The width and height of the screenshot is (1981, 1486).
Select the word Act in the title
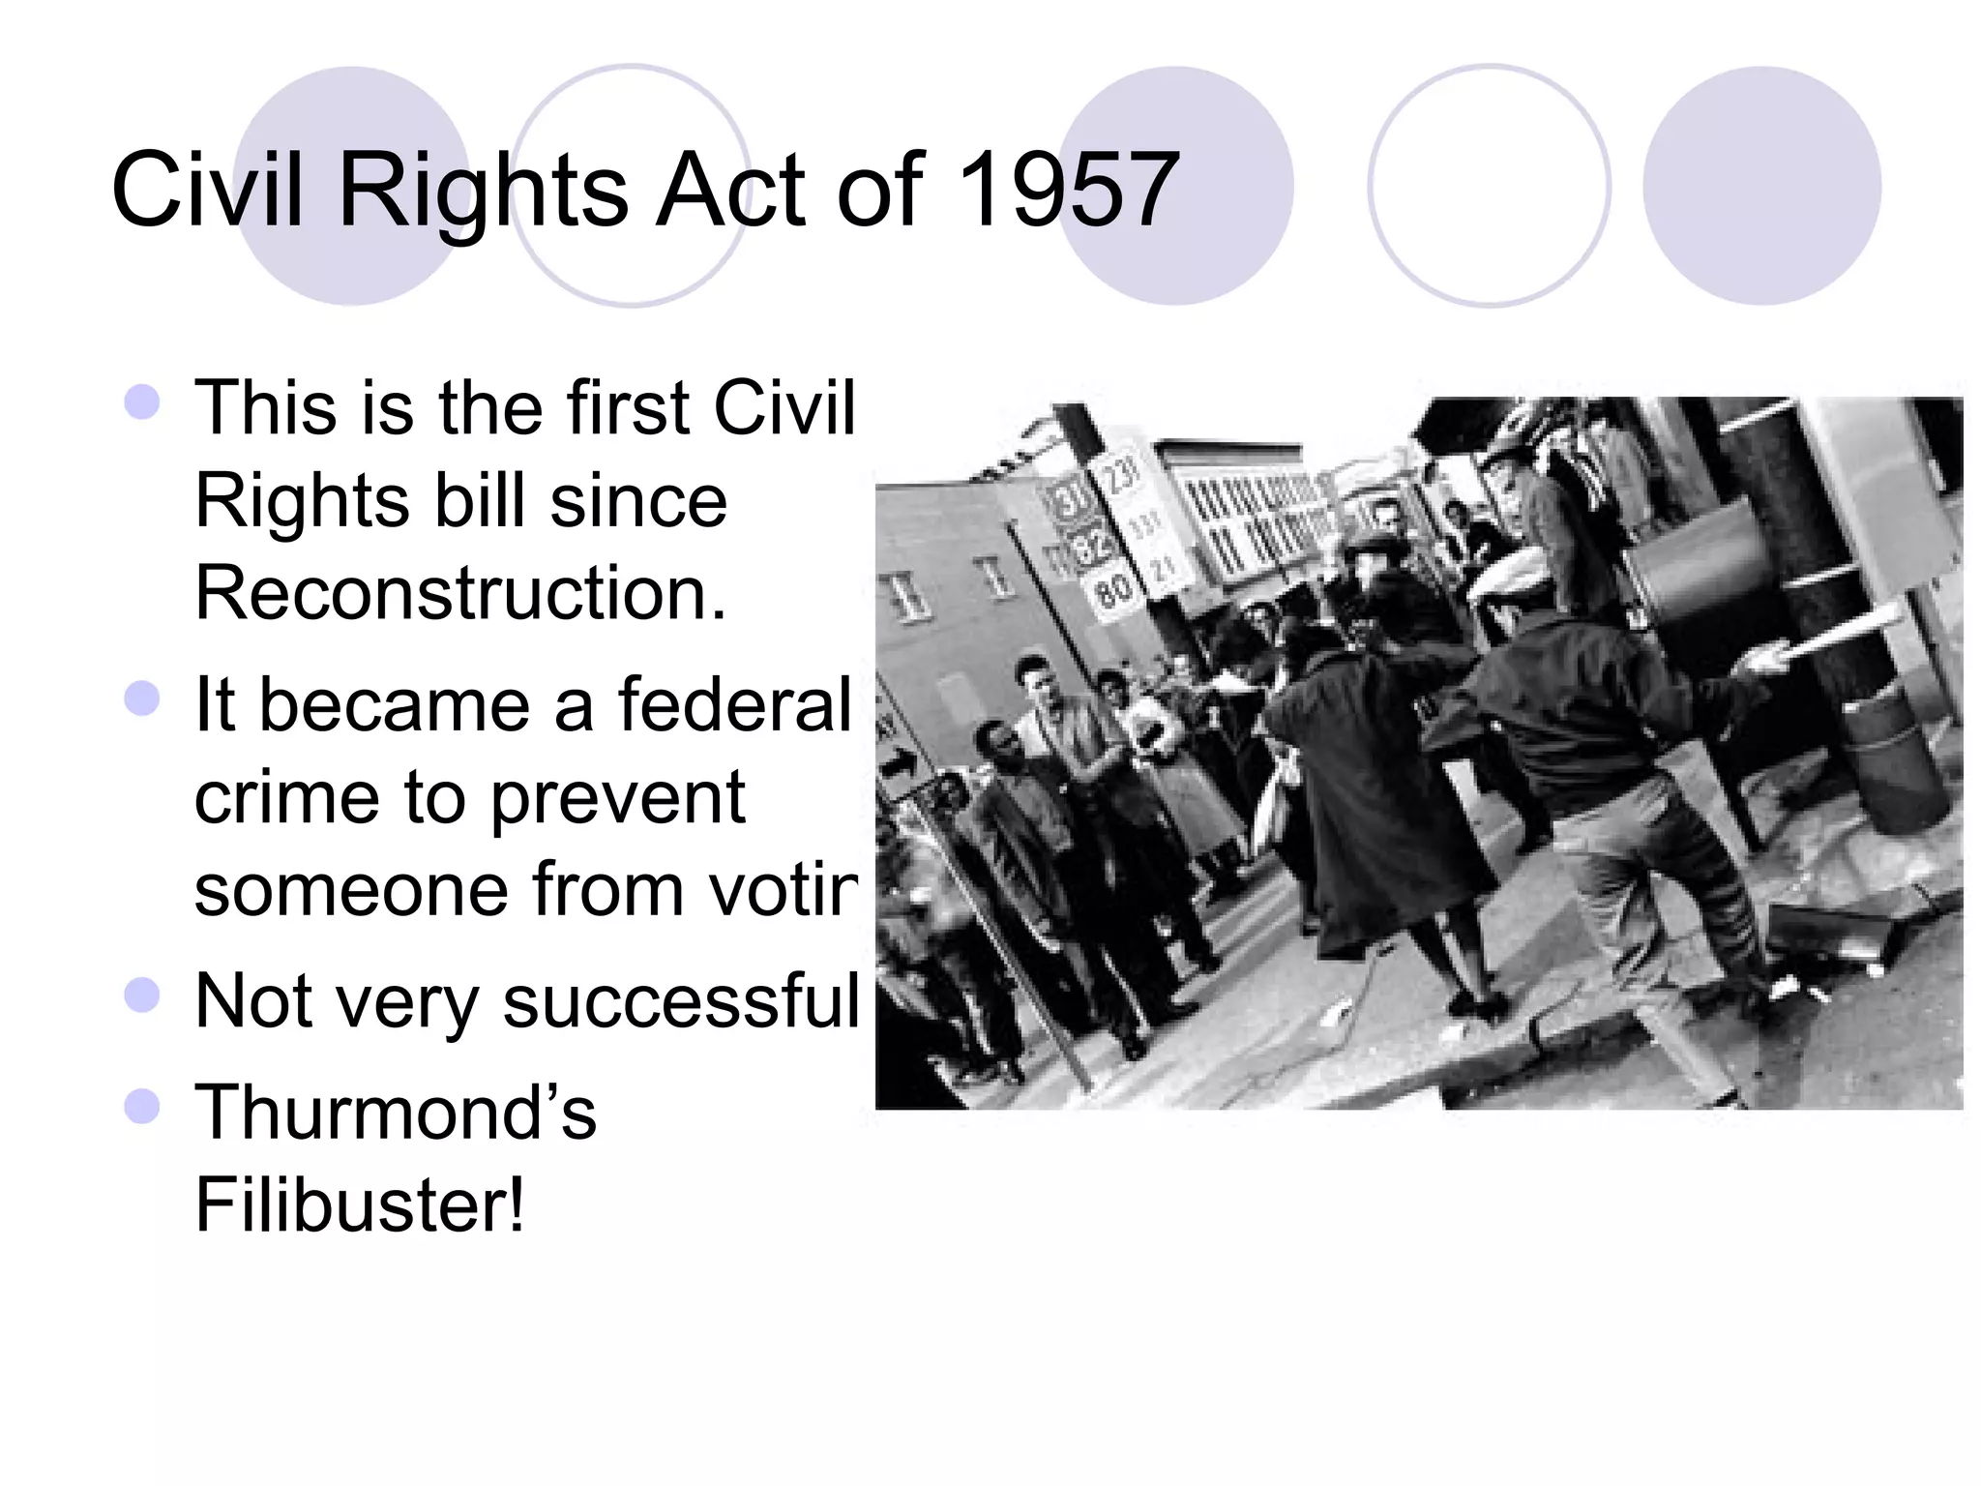point(729,190)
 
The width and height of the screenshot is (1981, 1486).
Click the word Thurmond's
point(396,1113)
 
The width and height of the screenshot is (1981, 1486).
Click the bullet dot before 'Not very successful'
point(142,995)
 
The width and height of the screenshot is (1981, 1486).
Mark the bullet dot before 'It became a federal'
point(142,698)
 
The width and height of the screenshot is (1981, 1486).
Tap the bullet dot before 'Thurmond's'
point(142,1106)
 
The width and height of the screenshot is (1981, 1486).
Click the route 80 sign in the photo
point(1112,589)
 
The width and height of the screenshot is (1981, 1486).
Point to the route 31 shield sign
point(1069,502)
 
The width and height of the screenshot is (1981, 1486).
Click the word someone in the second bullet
point(351,890)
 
